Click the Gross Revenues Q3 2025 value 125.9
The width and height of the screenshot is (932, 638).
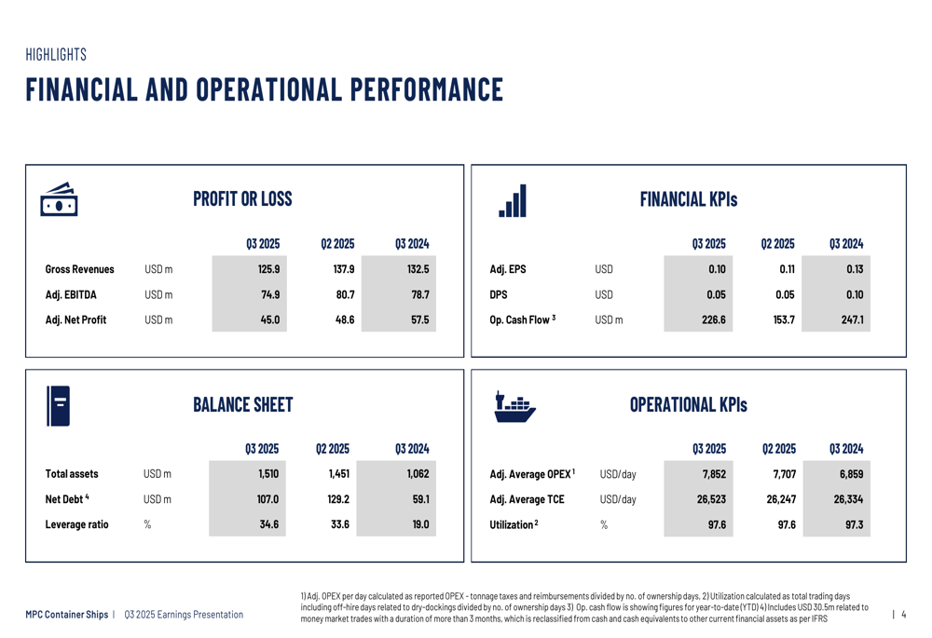268,269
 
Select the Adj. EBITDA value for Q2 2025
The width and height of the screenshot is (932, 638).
344,294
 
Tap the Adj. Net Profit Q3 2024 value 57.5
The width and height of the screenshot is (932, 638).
419,320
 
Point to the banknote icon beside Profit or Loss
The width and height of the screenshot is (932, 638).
60,199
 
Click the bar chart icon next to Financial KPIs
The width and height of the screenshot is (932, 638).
513,200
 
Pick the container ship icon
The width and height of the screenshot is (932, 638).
514,406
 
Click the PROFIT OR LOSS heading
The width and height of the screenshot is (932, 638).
242,198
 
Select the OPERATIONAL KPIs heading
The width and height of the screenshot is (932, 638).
688,404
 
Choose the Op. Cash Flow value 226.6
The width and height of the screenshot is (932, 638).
713,320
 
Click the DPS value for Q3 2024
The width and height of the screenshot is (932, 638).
854,294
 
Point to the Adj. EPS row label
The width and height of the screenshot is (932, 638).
508,269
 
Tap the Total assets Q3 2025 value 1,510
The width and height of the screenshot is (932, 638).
268,474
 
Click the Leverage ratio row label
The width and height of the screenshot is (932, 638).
76,524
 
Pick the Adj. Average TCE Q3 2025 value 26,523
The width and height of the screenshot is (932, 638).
711,499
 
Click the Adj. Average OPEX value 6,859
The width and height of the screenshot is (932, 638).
850,474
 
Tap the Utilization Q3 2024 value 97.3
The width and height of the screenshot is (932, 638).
853,524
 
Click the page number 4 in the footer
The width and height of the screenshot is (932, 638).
903,614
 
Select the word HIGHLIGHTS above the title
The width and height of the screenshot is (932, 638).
56,55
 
